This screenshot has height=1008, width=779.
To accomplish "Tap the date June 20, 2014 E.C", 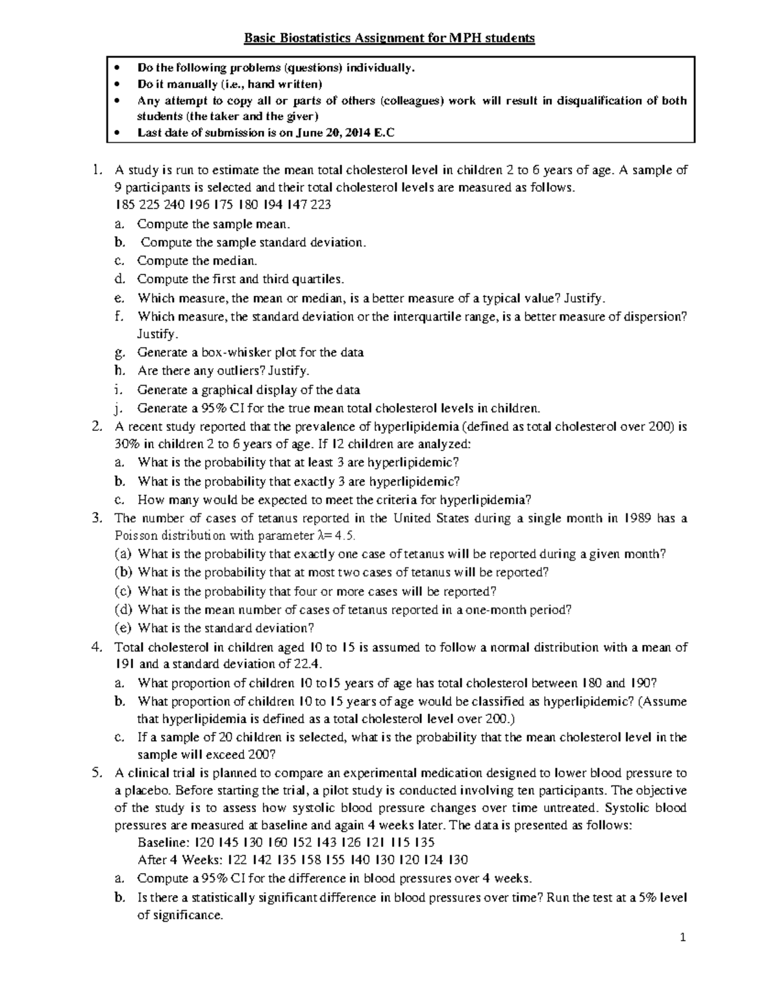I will pyautogui.click(x=345, y=132).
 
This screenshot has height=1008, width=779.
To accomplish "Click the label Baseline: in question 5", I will pyautogui.click(x=162, y=842).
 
